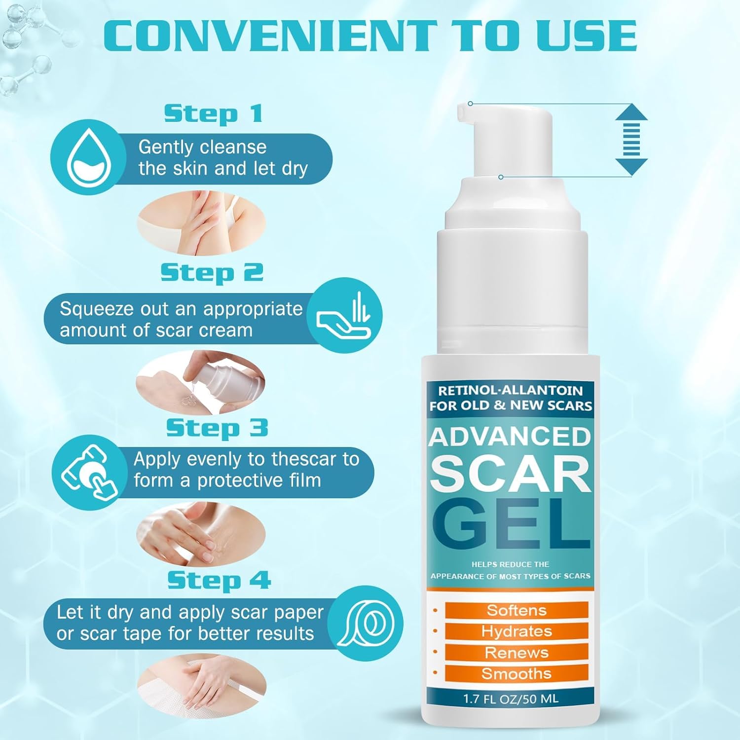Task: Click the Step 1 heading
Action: click(213, 114)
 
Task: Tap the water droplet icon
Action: click(88, 157)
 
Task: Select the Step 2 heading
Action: click(212, 273)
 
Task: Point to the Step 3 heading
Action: click(217, 428)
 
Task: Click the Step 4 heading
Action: click(219, 580)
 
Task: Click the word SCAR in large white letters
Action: click(511, 474)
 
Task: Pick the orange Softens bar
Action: click(517, 610)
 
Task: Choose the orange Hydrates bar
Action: click(517, 631)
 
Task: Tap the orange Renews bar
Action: click(517, 653)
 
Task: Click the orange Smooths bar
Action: click(517, 673)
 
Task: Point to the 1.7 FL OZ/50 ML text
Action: click(511, 699)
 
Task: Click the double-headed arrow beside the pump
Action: click(631, 140)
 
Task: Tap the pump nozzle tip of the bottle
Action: click(461, 113)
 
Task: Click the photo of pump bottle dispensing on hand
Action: click(201, 382)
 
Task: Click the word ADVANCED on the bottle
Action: click(510, 437)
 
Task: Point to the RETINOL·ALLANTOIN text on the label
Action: click(511, 391)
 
